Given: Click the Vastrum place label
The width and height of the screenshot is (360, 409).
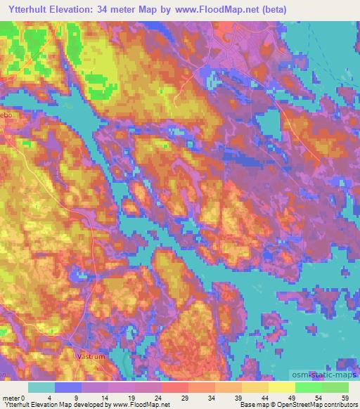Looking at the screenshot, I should tap(89, 356).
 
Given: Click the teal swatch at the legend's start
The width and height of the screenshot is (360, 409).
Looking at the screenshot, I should tap(41, 387).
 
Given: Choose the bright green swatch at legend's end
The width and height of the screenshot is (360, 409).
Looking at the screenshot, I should tap(335, 387).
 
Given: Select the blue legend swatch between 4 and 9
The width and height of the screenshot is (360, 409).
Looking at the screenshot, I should tap(68, 387).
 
